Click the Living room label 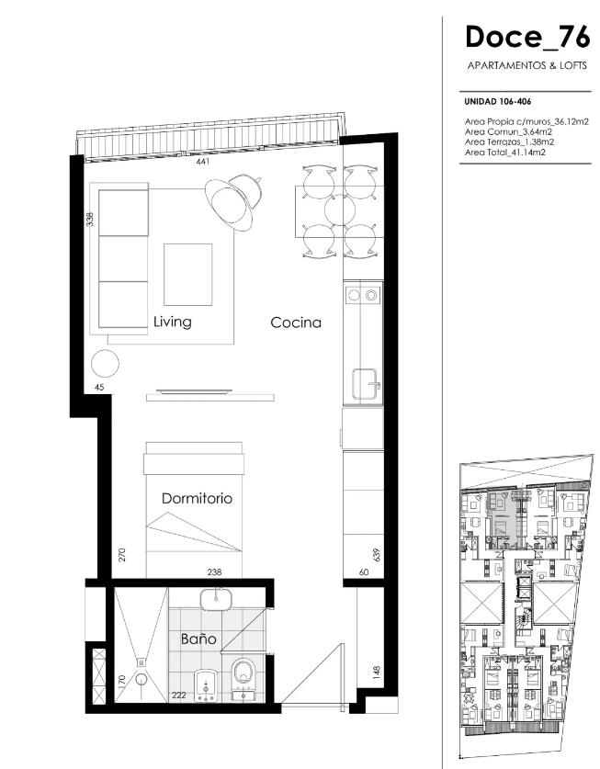(172, 322)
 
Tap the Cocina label (296, 322)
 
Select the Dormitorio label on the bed (197, 498)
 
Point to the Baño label (198, 639)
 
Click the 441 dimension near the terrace (203, 162)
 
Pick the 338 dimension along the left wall (90, 219)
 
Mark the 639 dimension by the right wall (377, 555)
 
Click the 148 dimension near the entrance (377, 673)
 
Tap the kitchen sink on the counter (367, 385)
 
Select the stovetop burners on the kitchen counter (363, 295)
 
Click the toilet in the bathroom (243, 672)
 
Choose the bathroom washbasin (215, 599)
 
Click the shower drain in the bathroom (142, 662)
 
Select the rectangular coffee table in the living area (187, 275)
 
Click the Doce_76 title (527, 38)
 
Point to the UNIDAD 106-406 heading (497, 102)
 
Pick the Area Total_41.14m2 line (505, 153)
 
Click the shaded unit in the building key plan (503, 520)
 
